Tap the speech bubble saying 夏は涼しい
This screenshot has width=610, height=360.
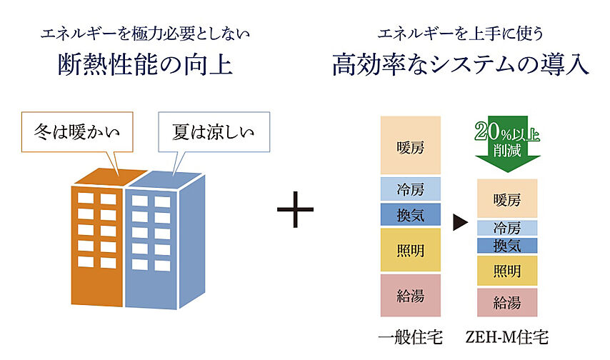click(x=213, y=132)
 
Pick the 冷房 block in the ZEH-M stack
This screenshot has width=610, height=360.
click(x=506, y=229)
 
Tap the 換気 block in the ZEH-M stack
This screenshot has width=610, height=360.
click(x=506, y=246)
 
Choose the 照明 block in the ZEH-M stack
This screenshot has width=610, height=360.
click(x=506, y=271)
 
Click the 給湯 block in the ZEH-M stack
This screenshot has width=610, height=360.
click(x=506, y=302)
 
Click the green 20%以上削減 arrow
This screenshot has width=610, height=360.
click(x=506, y=146)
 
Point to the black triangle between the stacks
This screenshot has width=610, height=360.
click(x=460, y=224)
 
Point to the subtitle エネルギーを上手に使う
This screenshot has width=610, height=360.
click(x=460, y=33)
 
